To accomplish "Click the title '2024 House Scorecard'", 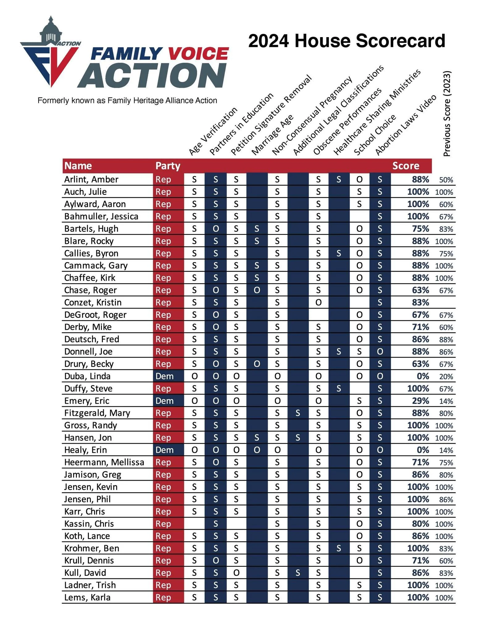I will pos(346,41).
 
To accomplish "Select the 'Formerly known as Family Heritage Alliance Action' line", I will pos(127,100).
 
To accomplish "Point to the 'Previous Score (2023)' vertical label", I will pos(447,114).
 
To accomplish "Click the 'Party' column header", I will pos(168,166).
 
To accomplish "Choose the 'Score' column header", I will pos(405,166).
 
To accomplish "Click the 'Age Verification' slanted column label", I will pos(213,131).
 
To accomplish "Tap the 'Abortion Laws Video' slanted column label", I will pos(405,125).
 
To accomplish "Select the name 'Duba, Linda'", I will pos(87,376).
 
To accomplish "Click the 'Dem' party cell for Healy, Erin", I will pos(165,450).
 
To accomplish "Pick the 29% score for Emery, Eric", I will pos(420,401).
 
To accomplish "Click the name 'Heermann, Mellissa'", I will pos(104,462).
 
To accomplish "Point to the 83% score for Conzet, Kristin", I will pos(420,302).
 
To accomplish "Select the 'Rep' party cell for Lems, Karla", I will pos(163,597).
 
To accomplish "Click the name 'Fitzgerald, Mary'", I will pos(97,413).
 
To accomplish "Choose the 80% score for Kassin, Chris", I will pos(420,524).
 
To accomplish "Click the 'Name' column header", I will pos(78,166).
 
